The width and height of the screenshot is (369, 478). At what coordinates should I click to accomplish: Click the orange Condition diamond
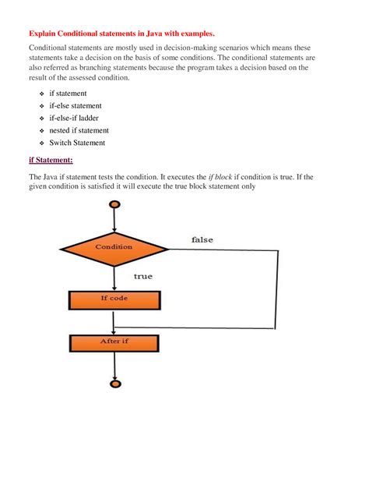tap(114, 248)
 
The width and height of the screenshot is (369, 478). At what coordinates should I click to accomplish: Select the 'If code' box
tap(114, 299)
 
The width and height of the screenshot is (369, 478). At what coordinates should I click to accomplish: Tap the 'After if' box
tap(114, 342)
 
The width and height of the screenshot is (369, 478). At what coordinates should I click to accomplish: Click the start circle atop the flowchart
tap(114, 205)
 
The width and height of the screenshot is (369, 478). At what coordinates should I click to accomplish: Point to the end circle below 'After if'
tap(114, 383)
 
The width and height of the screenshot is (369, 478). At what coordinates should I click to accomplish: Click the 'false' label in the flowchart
tap(202, 239)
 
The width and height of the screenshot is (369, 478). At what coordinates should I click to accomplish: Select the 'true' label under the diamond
tap(143, 276)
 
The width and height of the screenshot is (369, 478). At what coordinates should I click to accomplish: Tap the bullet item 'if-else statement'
tap(76, 105)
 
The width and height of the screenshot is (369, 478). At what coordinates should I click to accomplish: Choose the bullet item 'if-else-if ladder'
tap(74, 118)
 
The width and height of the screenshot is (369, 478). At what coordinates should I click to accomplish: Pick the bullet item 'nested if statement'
tap(79, 130)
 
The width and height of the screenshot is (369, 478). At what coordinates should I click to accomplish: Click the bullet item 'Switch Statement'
tap(78, 143)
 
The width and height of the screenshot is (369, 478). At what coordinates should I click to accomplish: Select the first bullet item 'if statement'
tap(68, 93)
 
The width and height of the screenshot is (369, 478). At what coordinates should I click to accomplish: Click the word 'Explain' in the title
tap(46, 34)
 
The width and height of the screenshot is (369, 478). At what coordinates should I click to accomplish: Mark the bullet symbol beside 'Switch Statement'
tap(41, 143)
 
